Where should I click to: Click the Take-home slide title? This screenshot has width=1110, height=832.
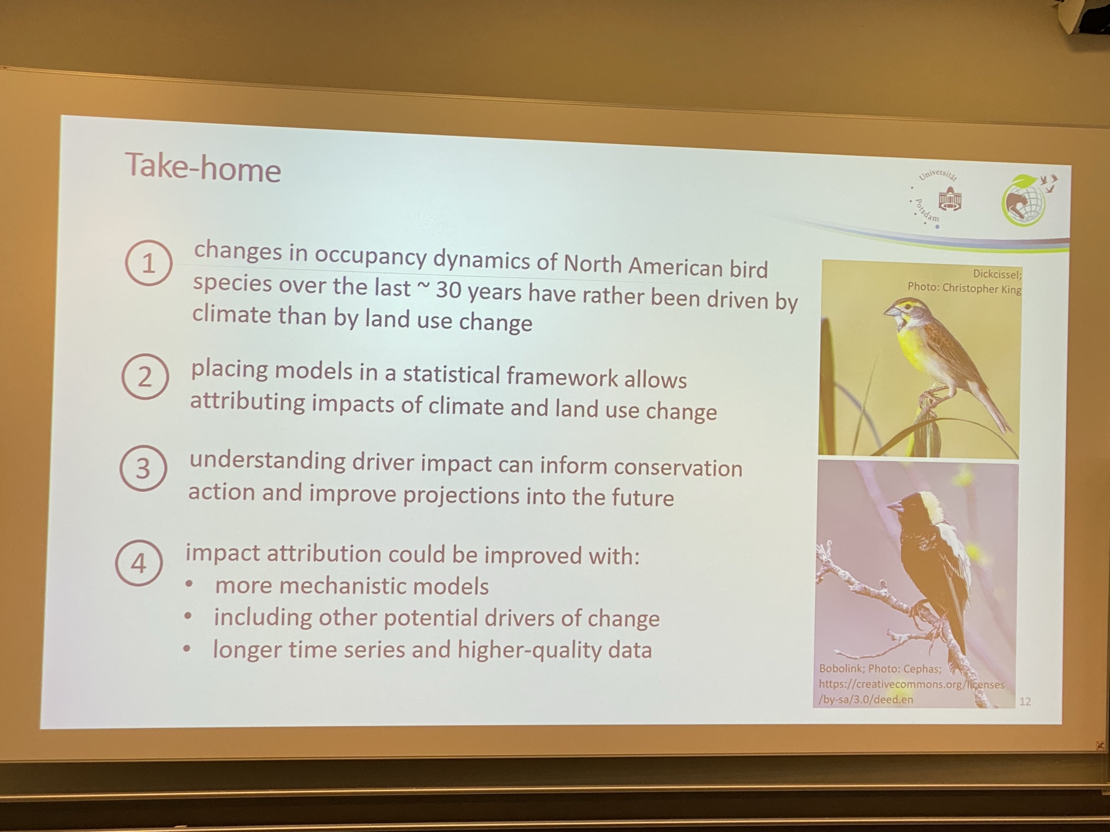point(203,167)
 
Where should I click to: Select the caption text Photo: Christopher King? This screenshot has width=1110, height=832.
point(964,288)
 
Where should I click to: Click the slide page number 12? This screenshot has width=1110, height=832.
point(1025,702)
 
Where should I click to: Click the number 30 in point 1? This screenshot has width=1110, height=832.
point(448,290)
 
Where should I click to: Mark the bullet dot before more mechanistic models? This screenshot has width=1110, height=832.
point(189,584)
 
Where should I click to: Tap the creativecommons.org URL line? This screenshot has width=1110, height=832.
point(911,684)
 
